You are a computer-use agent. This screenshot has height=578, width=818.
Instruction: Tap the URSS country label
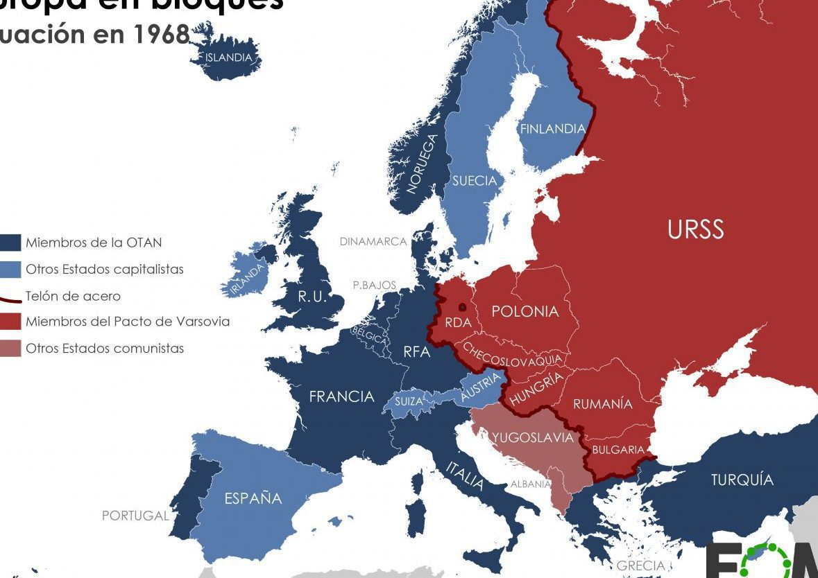tap(695, 229)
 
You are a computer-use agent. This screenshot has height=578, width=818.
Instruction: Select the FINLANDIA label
tap(552, 129)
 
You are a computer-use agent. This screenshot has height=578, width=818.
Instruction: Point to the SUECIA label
tap(475, 181)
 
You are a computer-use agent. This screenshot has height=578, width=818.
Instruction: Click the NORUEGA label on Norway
tap(422, 164)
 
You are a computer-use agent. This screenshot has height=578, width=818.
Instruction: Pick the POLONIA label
tap(525, 311)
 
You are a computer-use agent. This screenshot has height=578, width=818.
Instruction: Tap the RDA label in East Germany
tap(458, 322)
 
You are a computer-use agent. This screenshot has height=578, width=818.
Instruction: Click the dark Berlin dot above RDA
tap(462, 306)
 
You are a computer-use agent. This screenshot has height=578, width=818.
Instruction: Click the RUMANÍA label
tap(602, 403)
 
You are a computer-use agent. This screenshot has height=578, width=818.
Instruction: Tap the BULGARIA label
tap(617, 450)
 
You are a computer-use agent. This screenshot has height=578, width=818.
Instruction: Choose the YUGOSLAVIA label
tap(532, 437)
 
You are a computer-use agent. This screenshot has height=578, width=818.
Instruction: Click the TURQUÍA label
tap(742, 480)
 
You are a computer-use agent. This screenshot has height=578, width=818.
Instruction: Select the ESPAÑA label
tap(253, 498)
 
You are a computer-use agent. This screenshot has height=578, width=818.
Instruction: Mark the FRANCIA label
tap(341, 396)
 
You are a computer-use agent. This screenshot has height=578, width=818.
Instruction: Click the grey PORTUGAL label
tap(135, 516)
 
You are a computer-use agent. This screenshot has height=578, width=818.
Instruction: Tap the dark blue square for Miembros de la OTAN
tap(10, 243)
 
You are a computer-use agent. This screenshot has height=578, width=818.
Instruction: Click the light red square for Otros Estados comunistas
tap(10, 349)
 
